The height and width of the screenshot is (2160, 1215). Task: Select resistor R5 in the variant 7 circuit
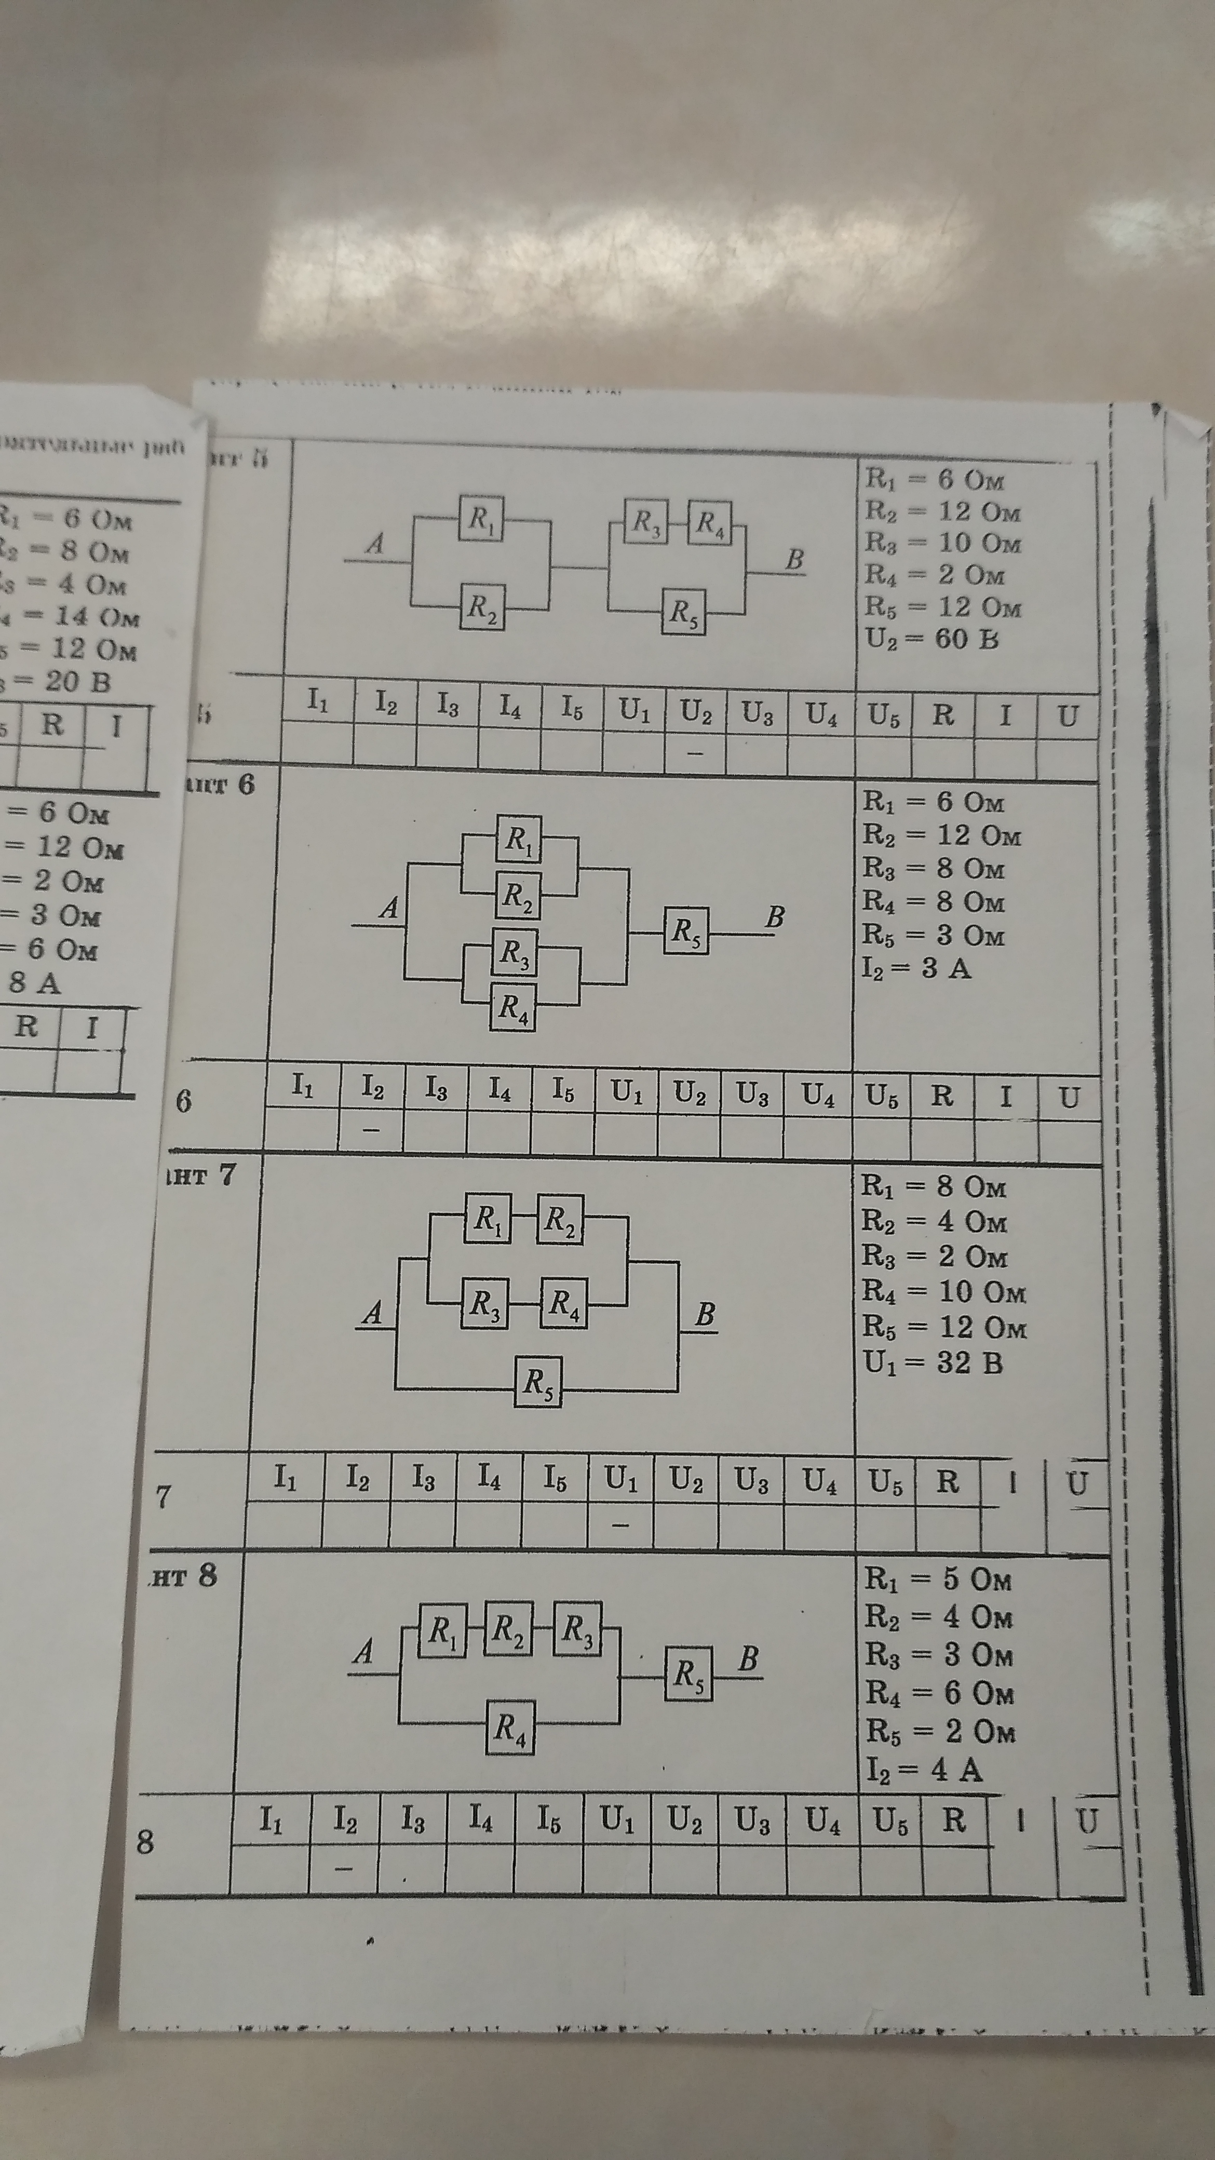click(537, 1380)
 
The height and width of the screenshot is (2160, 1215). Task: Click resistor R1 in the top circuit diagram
click(480, 519)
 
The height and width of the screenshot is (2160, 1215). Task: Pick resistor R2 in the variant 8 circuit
click(507, 1631)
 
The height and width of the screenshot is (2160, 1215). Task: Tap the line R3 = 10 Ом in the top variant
click(942, 543)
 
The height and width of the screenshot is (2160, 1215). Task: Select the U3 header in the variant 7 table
click(751, 1482)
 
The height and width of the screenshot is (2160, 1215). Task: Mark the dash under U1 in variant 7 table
click(619, 1526)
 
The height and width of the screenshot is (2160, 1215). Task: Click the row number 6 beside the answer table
click(184, 1100)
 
